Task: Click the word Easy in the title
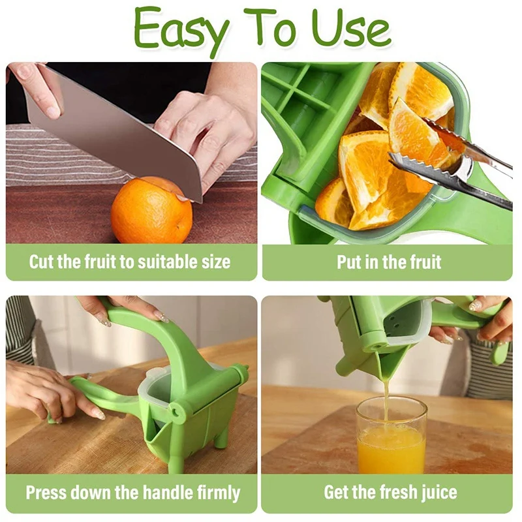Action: pyautogui.click(x=181, y=30)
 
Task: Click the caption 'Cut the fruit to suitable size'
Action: pyautogui.click(x=130, y=262)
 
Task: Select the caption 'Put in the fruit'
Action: pyautogui.click(x=389, y=262)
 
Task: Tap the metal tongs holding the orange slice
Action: pyautogui.click(x=450, y=163)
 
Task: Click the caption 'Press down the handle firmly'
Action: pyautogui.click(x=132, y=492)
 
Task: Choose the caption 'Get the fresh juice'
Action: pyautogui.click(x=390, y=492)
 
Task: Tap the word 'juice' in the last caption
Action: pyautogui.click(x=435, y=492)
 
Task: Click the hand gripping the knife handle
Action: pyautogui.click(x=39, y=88)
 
